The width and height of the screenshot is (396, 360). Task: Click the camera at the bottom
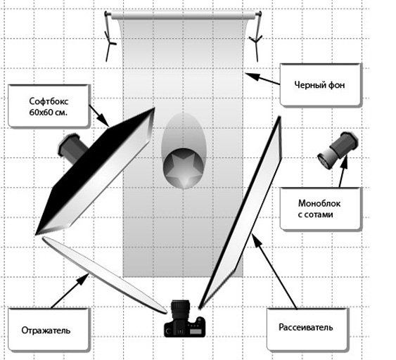pos(184,319)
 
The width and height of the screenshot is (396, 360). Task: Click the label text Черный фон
pos(319,85)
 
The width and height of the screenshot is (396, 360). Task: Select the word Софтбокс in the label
pos(49,101)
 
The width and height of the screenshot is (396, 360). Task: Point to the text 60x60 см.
pos(49,112)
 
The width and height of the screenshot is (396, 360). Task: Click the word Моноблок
pos(319,203)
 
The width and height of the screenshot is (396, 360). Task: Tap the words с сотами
pos(315,214)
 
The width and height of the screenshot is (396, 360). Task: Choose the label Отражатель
pos(46,330)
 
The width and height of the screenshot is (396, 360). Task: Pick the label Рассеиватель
pos(305,327)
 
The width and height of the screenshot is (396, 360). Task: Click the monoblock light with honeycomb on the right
pos(338,150)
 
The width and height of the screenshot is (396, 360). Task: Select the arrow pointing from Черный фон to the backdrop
pos(262,79)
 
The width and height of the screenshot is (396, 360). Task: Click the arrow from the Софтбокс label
pos(99,116)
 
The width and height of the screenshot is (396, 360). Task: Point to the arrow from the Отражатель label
pos(70,291)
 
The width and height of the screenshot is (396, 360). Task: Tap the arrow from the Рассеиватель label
pos(274,271)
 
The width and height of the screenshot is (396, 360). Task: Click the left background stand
pos(110,37)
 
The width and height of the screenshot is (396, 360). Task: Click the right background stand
pos(257,37)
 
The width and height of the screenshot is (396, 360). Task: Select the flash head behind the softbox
pos(72,148)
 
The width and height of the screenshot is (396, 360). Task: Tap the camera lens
pos(180,310)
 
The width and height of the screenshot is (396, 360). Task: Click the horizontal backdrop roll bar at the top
pos(184,15)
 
